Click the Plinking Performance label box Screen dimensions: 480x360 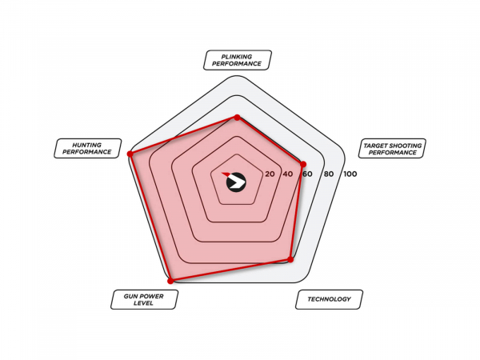pyautogui.click(x=238, y=60)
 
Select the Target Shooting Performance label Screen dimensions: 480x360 pyautogui.click(x=392, y=149)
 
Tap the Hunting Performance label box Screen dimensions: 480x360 pyautogui.click(x=87, y=149)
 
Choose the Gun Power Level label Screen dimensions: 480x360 pyautogui.click(x=144, y=299)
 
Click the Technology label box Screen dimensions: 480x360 pyautogui.click(x=329, y=299)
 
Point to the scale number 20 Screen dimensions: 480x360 pyautogui.click(x=270, y=174)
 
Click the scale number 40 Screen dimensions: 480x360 pyautogui.click(x=288, y=174)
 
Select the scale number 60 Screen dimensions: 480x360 pyautogui.click(x=307, y=174)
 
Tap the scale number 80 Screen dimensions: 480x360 pyautogui.click(x=329, y=174)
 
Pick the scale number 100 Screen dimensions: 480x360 pyautogui.click(x=350, y=174)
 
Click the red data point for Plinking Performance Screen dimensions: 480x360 pyautogui.click(x=237, y=118)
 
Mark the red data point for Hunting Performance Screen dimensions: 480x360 pyautogui.click(x=130, y=154)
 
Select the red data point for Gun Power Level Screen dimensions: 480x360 pyautogui.click(x=171, y=281)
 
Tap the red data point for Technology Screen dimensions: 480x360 pyautogui.click(x=291, y=259)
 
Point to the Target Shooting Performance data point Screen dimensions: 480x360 pyautogui.click(x=303, y=164)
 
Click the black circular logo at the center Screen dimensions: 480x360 pyautogui.click(x=236, y=182)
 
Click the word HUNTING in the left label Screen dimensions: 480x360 pyautogui.click(x=87, y=145)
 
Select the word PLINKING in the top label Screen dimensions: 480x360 pyautogui.click(x=237, y=57)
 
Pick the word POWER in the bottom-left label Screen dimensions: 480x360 pyautogui.click(x=152, y=296)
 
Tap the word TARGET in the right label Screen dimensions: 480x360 pyautogui.click(x=375, y=146)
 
